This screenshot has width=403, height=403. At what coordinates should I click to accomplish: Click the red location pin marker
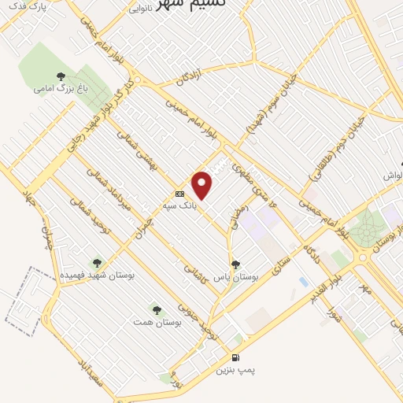203,186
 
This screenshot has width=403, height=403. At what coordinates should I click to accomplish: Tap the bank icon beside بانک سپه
179,193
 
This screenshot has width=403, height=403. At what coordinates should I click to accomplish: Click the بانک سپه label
179,205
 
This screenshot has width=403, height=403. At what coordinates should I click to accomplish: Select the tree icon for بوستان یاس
235,264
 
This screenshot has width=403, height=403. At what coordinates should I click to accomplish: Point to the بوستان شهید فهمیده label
98,275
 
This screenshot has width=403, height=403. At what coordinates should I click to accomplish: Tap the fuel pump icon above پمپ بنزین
237,358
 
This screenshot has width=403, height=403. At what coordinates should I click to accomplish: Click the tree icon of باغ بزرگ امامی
61,76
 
